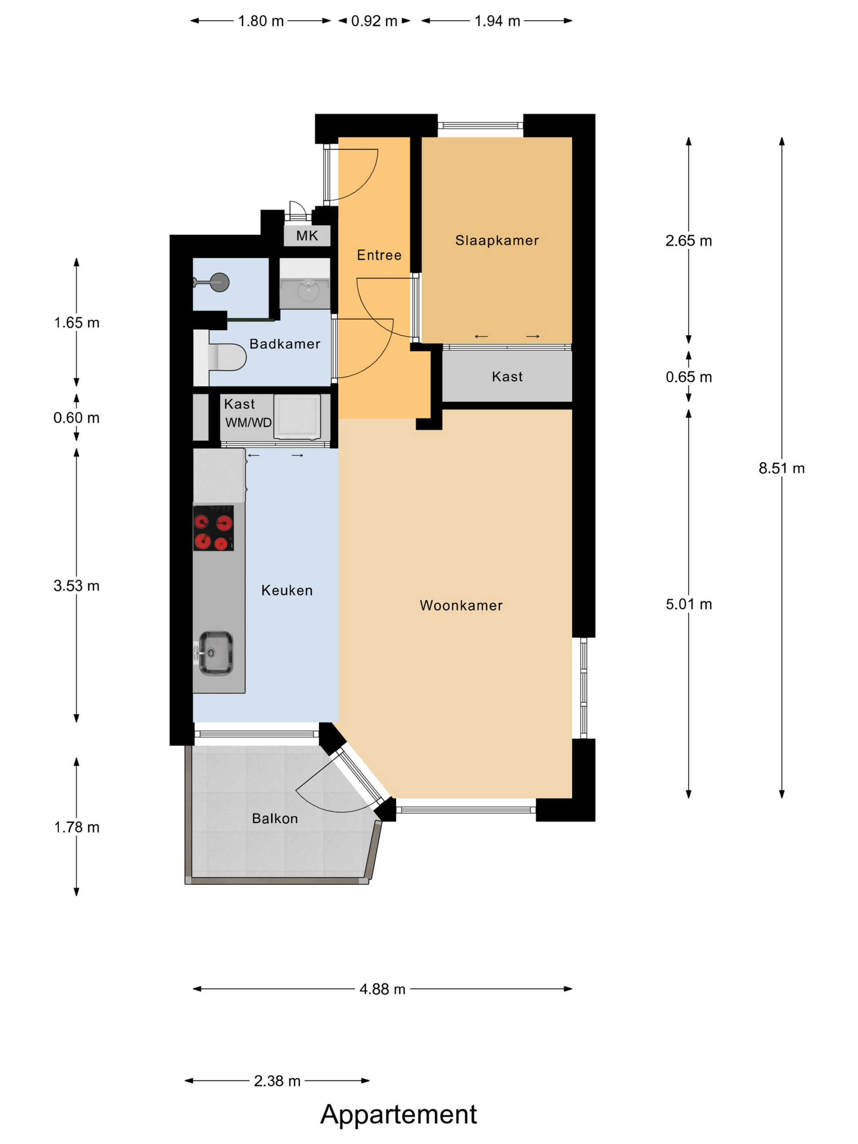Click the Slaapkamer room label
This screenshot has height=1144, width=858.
point(496,241)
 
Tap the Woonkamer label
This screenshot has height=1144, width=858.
point(461,605)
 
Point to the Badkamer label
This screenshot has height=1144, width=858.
point(284,344)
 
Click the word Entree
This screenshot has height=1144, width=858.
point(379,255)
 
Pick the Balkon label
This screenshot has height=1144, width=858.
point(275,818)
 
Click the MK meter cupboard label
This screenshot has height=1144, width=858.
point(307,236)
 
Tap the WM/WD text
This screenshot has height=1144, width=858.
point(248,422)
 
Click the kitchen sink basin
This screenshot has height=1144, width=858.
point(216,653)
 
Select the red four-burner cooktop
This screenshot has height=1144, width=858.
point(213,528)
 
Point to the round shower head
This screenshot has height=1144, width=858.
point(219,282)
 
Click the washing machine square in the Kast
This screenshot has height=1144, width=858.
point(297,416)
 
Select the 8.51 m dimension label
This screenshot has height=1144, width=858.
point(782,468)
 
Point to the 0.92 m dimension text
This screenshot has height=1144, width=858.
point(374,21)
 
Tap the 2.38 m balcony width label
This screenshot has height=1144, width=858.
point(277,1081)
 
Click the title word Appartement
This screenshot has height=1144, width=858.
point(399,1114)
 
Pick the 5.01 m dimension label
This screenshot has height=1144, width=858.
point(688,604)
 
